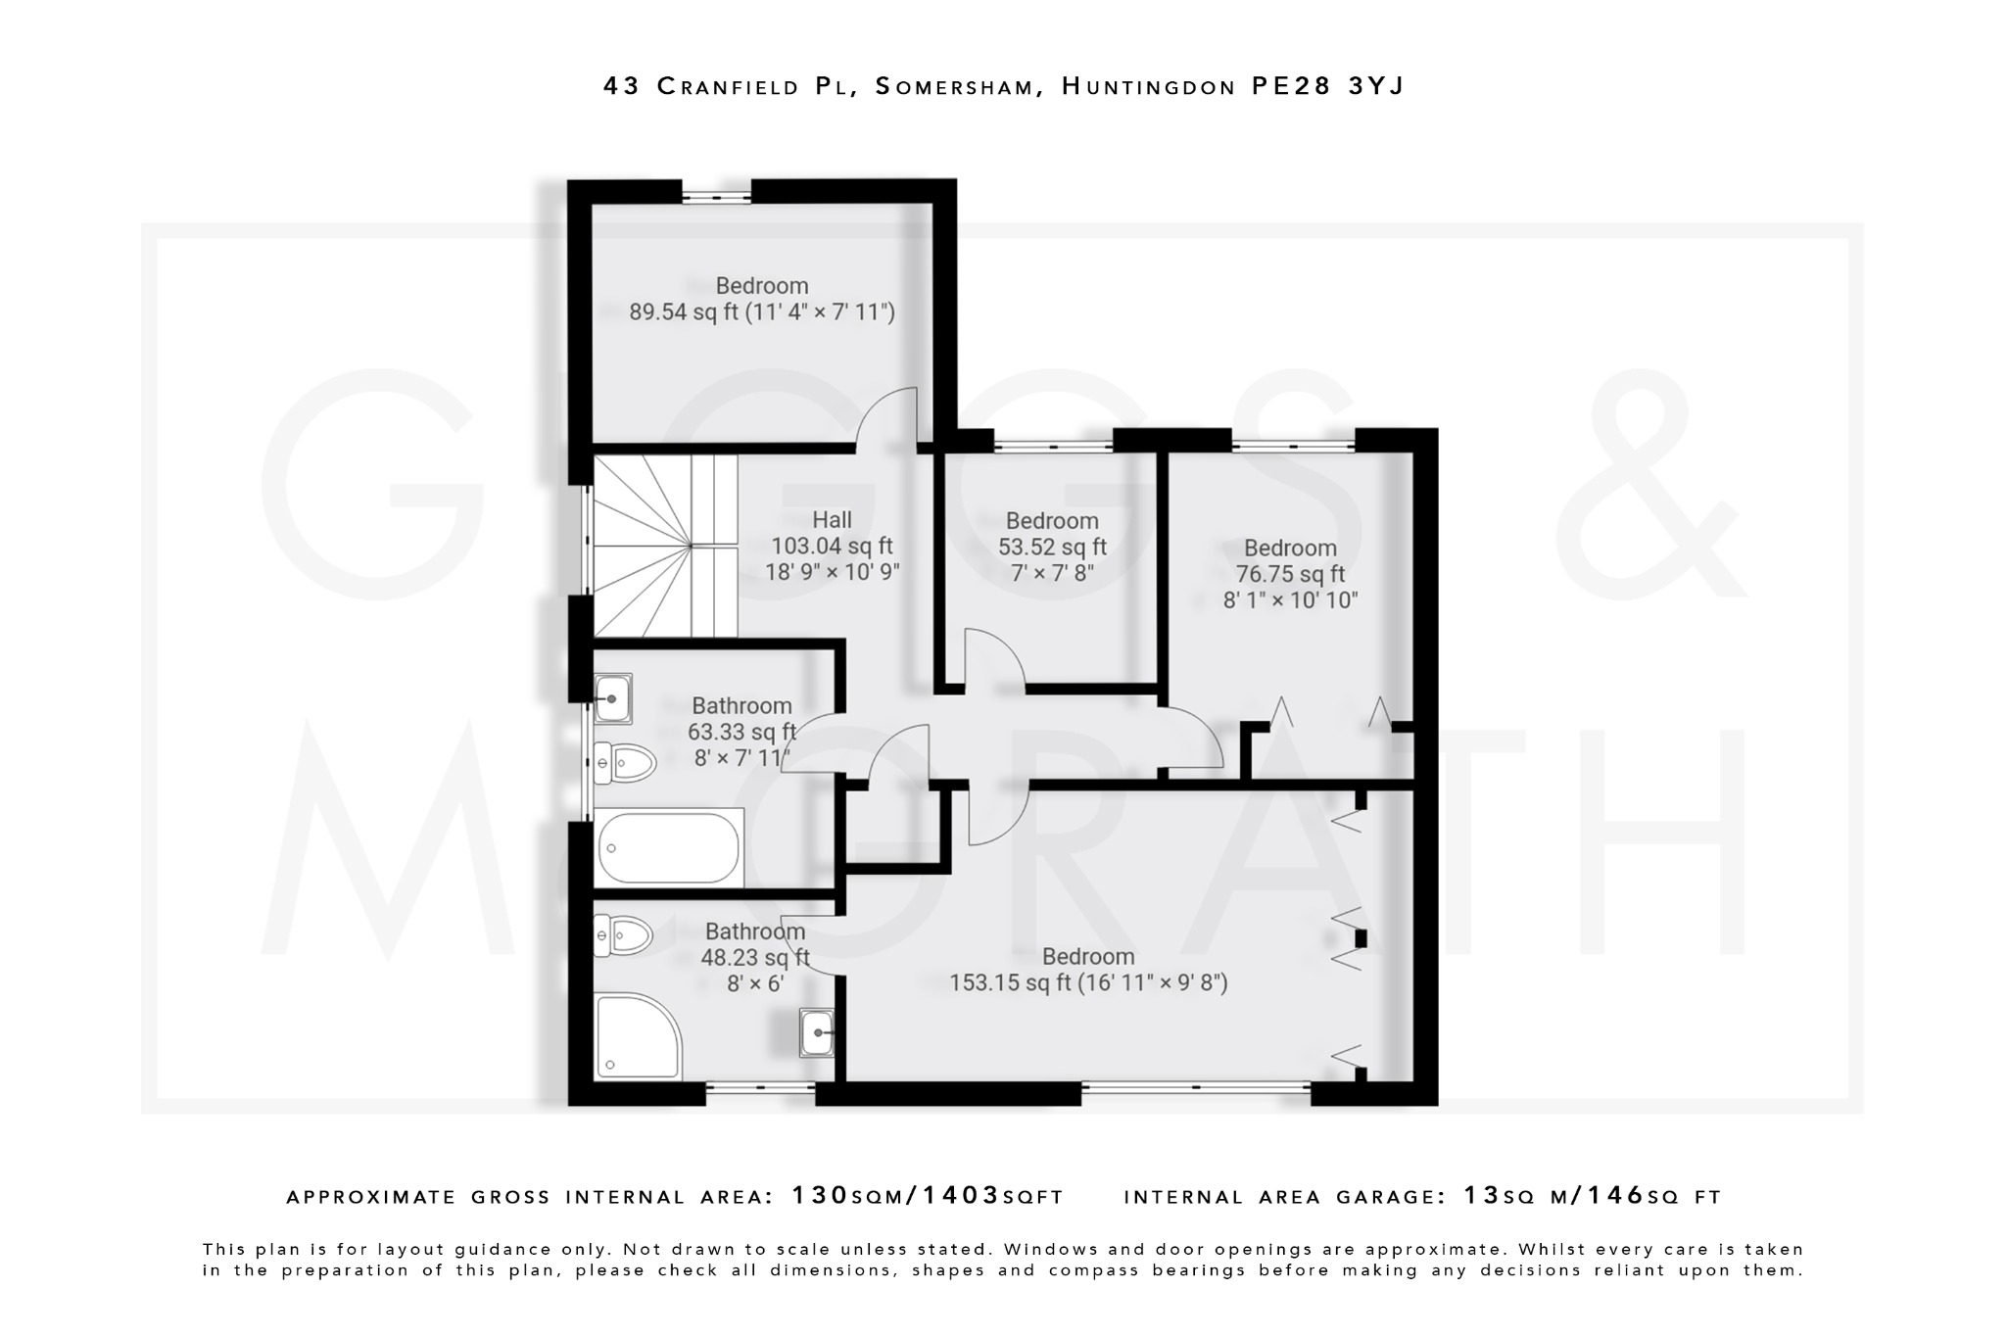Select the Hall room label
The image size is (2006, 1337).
point(832,520)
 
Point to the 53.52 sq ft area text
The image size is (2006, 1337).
point(1052,547)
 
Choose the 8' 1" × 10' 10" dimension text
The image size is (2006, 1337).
point(1290,600)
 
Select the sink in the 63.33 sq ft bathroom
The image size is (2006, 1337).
point(612,698)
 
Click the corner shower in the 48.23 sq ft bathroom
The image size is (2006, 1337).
point(635,1036)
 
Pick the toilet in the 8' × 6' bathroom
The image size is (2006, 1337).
point(624,936)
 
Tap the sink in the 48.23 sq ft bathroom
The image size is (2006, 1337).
point(816,1032)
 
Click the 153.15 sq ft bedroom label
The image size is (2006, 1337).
point(1087,970)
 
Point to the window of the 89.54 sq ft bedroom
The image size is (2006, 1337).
point(716,197)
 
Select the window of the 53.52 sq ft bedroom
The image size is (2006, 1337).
point(1053,447)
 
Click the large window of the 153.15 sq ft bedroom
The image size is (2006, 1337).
point(1195,1086)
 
